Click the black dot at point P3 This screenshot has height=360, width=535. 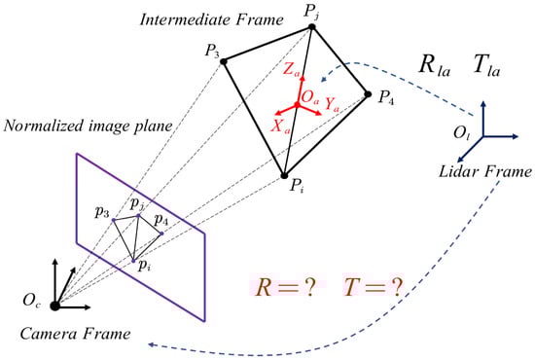coord(224,61)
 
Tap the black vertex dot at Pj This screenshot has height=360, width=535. coord(311,27)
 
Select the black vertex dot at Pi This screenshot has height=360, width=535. coord(284,176)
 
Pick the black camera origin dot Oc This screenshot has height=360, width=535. coord(55,306)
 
